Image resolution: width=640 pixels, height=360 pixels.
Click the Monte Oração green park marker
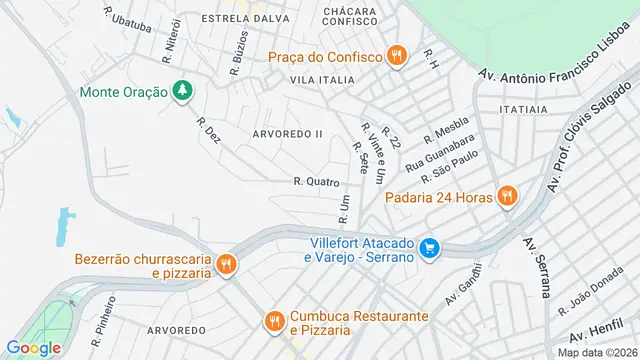tap(181, 92)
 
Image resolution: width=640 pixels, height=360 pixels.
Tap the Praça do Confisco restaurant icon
tap(396, 56)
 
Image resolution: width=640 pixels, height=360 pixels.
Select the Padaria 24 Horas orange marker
tap(507, 196)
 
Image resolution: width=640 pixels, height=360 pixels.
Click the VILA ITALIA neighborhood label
tap(322, 79)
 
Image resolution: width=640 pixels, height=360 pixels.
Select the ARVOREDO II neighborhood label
tap(288, 133)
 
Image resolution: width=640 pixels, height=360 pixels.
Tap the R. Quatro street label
tap(316, 182)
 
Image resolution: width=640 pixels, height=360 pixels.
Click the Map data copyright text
tap(598, 352)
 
